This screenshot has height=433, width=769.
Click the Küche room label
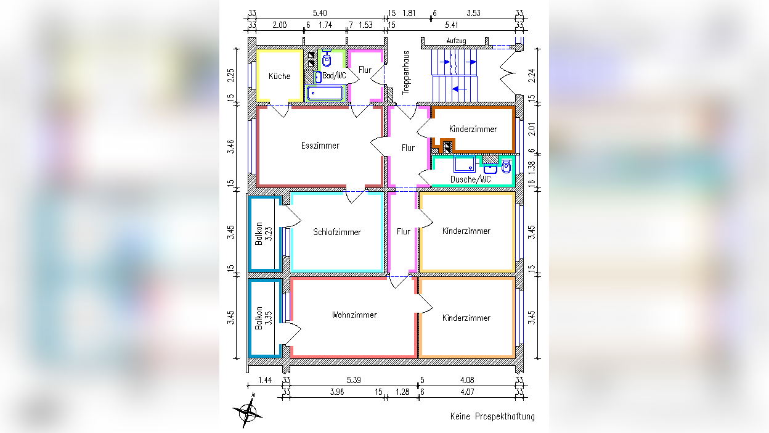point(280,76)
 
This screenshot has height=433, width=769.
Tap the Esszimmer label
point(320,146)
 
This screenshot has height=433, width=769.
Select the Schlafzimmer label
point(337,232)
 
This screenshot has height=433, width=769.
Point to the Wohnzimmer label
point(354,315)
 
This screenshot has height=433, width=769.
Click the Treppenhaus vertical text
point(406,73)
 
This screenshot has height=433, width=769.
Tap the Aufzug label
point(456,41)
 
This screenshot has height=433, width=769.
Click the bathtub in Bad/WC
point(325,93)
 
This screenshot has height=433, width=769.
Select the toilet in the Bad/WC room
point(327,59)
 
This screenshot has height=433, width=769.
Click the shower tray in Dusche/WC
point(465,163)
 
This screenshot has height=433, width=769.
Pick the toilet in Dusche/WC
point(507,167)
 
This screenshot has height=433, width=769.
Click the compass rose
point(248,411)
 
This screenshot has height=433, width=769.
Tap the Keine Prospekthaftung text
point(493,416)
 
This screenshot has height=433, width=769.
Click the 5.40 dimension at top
point(320,14)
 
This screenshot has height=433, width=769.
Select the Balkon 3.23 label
point(264,234)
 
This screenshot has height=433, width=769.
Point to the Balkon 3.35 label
point(264,318)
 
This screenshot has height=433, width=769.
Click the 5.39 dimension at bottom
point(354,380)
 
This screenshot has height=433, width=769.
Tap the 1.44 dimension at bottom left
point(265,380)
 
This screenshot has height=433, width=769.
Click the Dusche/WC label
point(470,179)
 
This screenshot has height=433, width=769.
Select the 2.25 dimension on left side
point(230,75)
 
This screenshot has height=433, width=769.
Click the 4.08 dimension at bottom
point(467,380)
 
